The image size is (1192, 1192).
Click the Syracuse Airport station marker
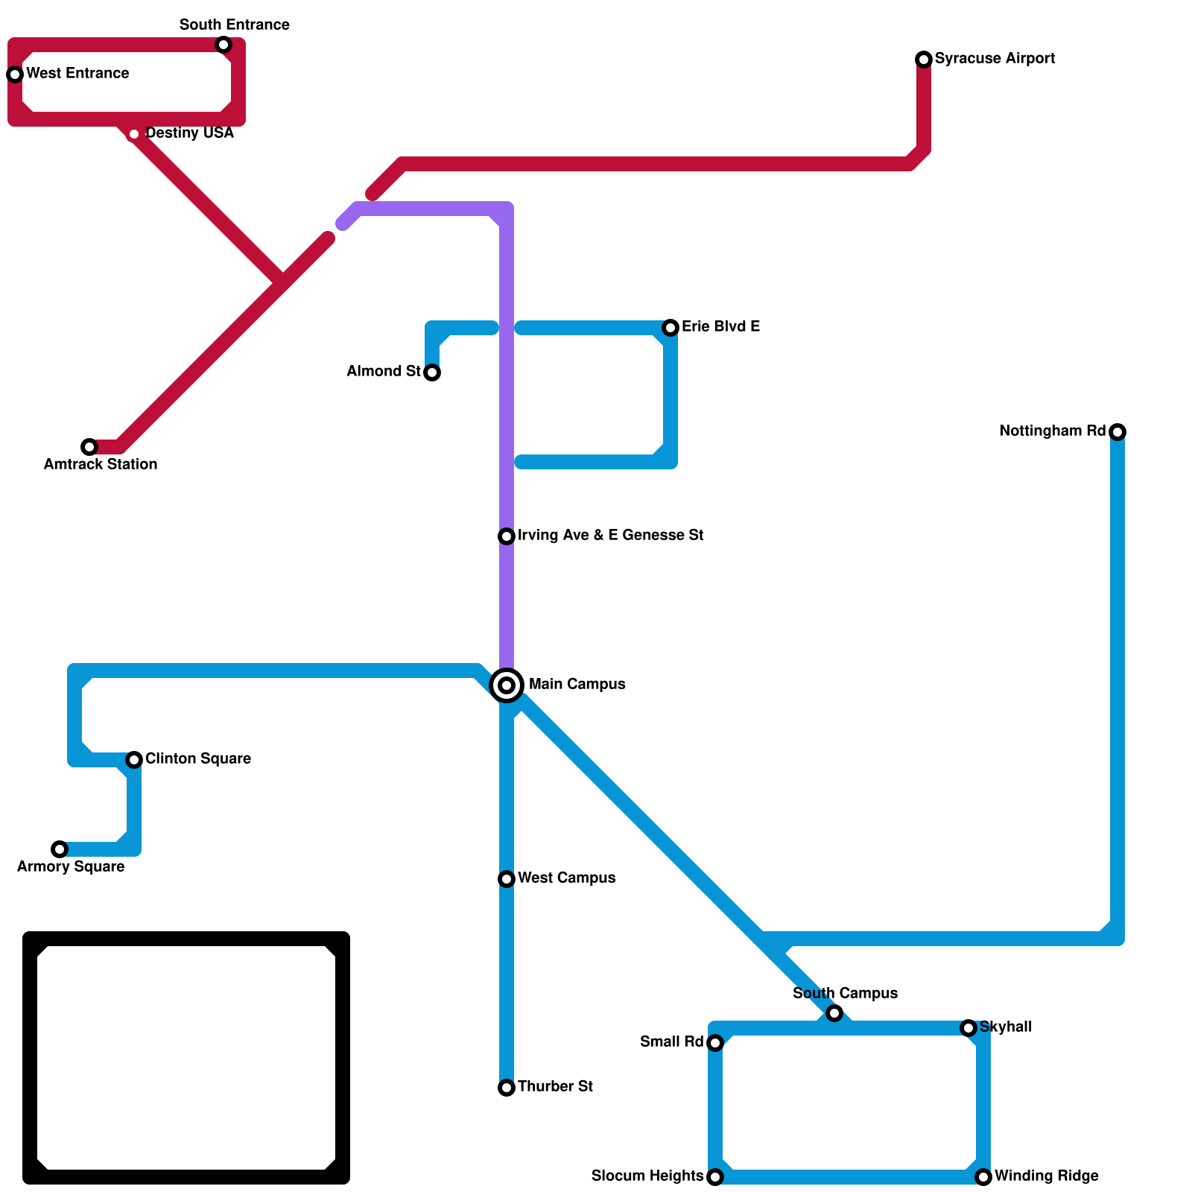pos(924,60)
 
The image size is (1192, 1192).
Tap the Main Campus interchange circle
pos(507,685)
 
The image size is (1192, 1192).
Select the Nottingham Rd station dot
pos(1117,432)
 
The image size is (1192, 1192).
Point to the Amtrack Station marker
pos(89,447)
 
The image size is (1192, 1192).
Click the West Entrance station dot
pos(15,74)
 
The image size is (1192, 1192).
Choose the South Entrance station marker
pos(223,45)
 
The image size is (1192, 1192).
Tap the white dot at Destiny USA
pos(134,134)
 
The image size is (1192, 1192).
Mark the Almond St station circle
pos(432,372)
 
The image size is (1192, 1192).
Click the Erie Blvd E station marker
pos(670,328)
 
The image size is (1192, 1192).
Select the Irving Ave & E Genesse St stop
pos(507,536)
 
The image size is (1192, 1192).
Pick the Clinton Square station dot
pos(134,760)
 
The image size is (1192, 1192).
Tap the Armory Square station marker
pos(60,849)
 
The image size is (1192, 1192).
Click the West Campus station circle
pos(507,879)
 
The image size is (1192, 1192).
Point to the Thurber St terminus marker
pos(507,1088)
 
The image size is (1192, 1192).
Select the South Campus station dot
pos(834,1013)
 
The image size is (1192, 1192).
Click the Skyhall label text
pos(1006,1027)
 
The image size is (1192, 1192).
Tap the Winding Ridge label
pos(1046,1176)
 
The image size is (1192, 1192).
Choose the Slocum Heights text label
pos(647,1176)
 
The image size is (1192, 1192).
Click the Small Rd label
pos(671,1042)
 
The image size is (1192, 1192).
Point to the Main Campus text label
pos(577,685)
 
